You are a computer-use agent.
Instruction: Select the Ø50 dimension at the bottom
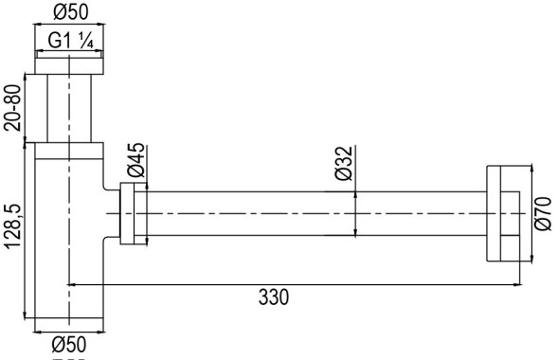pos(68,343)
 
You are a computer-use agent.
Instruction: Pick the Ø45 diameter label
pos(135,160)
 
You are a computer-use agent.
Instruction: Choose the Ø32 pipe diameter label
pos(344,163)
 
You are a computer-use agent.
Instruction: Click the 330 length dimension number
pos(275,297)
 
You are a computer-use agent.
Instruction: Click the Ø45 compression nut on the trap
pos(132,215)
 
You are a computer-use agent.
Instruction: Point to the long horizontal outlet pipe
pos(313,215)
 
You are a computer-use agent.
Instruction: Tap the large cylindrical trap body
pos(67,237)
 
